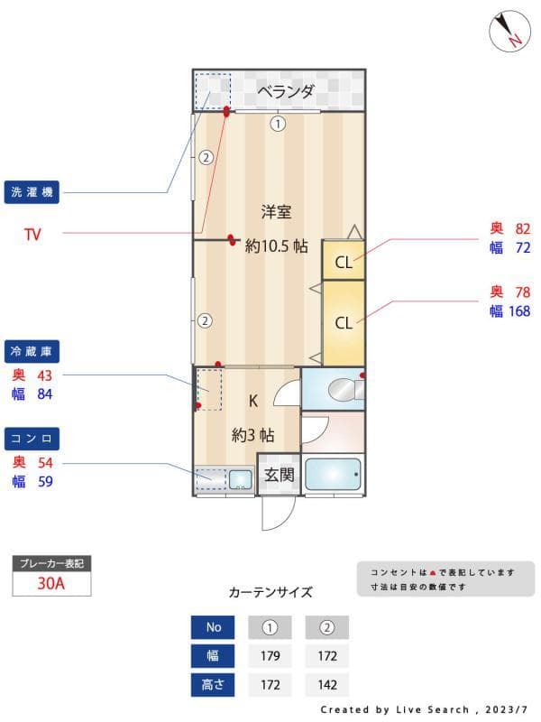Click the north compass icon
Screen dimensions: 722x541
tap(509, 31)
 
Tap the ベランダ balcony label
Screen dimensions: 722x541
tap(285, 91)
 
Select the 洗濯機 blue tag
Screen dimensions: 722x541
tap(32, 192)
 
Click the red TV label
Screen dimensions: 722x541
tap(32, 235)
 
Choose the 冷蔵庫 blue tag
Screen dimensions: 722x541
tap(32, 351)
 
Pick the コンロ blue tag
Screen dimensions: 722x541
tap(32, 439)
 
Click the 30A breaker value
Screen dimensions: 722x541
tap(50, 583)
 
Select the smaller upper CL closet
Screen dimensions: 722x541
tap(344, 263)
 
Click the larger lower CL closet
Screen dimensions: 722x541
tap(344, 322)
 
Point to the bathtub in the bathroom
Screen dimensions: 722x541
tap(332, 475)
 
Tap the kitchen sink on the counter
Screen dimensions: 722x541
tap(240, 478)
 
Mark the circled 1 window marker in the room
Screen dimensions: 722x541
tap(278, 125)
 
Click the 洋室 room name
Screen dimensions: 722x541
tap(276, 212)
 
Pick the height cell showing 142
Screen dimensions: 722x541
tap(326, 685)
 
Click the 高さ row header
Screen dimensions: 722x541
tap(213, 685)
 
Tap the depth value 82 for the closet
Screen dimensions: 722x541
tap(523, 229)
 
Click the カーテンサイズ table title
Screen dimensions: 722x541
tap(270, 593)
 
